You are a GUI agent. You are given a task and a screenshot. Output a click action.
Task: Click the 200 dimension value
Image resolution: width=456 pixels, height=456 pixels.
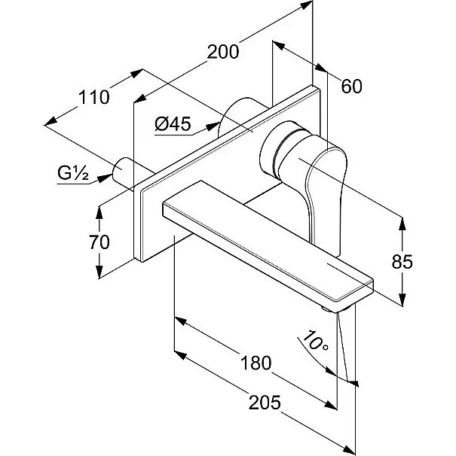tap(223, 52)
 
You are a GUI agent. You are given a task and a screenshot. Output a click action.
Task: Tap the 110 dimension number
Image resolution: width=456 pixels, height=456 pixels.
tap(95, 97)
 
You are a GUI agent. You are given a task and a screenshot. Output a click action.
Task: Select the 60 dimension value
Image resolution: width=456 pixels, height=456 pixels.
tap(351, 87)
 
